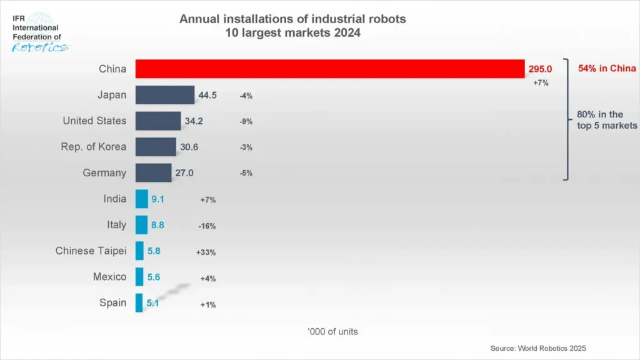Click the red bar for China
329,69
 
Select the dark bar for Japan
165,95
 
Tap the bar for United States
158,121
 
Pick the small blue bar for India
142,199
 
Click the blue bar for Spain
139,303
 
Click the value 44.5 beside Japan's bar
208,95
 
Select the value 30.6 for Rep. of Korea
190,147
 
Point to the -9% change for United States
246,121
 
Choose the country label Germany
104,173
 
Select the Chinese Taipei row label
91,251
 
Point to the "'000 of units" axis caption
332,331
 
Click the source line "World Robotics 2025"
539,348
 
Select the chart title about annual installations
292,26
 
